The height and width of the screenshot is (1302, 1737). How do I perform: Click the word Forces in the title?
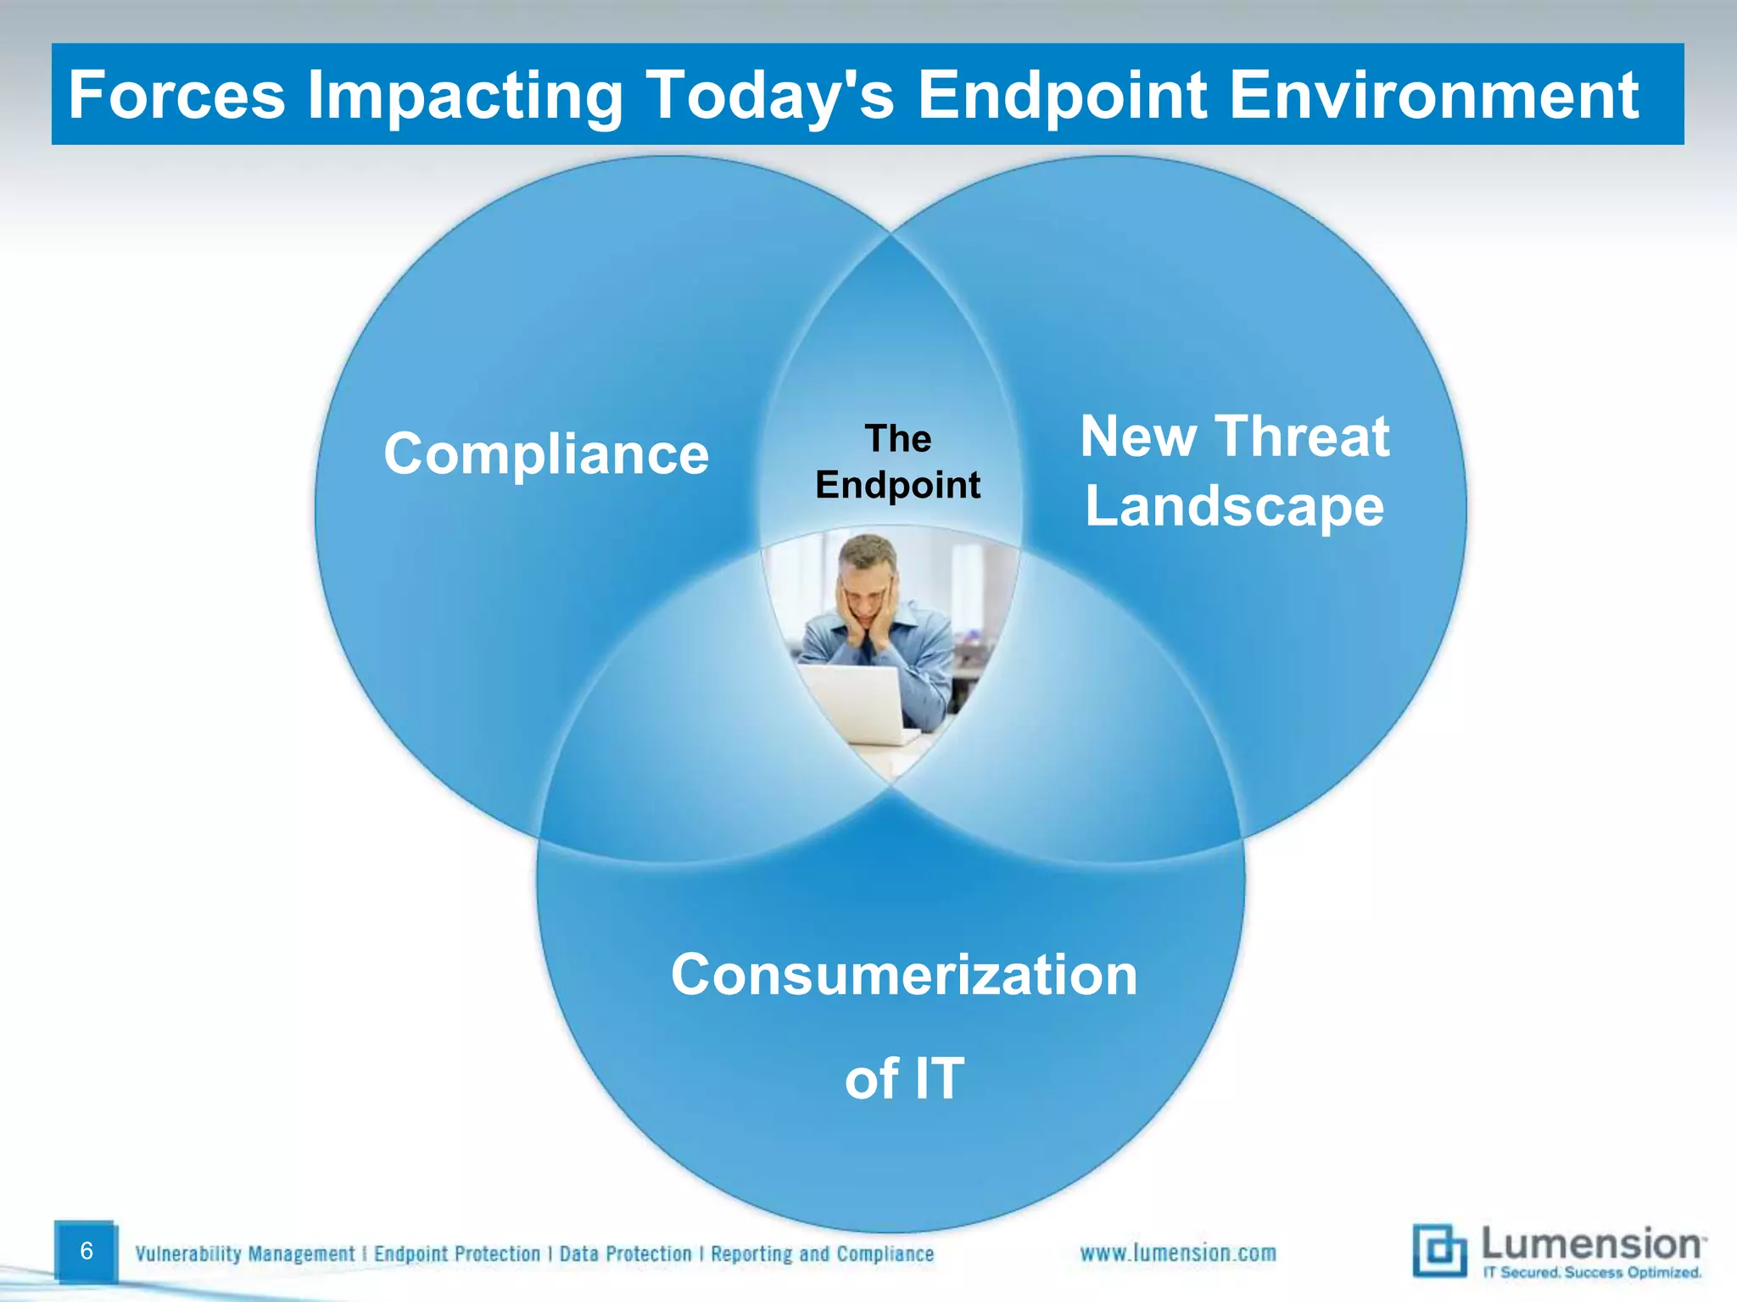click(x=176, y=95)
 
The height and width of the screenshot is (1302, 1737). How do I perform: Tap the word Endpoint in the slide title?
click(x=1062, y=95)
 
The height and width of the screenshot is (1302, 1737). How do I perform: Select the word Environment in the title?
click(x=1433, y=95)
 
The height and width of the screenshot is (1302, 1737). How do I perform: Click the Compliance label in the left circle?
click(x=545, y=454)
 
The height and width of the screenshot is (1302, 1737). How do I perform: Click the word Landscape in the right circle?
click(x=1234, y=506)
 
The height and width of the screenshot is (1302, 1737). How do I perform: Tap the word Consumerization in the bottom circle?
click(x=903, y=975)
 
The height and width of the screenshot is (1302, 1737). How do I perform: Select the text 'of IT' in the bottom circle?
click(x=904, y=1078)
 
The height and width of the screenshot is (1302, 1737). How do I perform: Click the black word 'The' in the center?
click(x=898, y=439)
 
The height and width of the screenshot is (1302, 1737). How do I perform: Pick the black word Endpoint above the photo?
click(x=897, y=485)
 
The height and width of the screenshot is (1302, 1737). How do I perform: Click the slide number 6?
click(x=86, y=1251)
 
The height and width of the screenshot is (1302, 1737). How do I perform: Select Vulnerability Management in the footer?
click(x=245, y=1254)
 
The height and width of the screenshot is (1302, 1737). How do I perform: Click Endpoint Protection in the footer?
click(x=457, y=1254)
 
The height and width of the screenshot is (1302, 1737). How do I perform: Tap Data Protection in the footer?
click(x=625, y=1254)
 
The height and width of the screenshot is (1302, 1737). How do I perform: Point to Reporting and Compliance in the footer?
click(x=822, y=1254)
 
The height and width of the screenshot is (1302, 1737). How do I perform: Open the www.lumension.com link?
click(x=1177, y=1253)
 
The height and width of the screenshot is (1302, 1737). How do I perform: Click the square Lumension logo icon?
click(x=1438, y=1250)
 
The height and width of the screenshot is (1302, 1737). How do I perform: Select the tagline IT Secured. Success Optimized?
click(x=1591, y=1272)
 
